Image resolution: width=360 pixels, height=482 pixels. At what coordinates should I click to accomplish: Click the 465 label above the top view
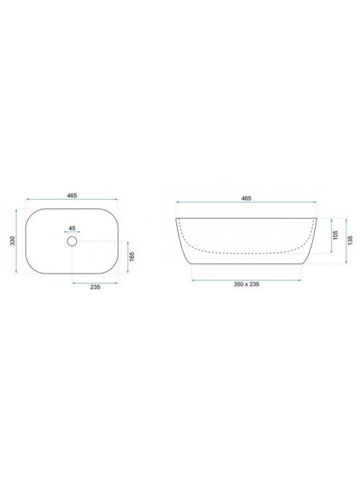[72, 195]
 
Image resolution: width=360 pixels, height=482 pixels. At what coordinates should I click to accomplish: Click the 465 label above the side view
[246, 198]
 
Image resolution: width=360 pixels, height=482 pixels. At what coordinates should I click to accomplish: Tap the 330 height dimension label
[12, 241]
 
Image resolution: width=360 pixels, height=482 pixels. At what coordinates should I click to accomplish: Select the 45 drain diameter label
[72, 228]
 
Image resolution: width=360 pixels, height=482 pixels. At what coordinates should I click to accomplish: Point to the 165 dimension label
[132, 257]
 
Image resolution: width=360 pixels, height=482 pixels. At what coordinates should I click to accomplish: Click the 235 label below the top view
[95, 287]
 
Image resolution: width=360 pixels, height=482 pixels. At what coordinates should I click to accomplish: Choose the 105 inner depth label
[335, 235]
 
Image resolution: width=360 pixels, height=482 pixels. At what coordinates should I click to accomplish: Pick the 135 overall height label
[350, 240]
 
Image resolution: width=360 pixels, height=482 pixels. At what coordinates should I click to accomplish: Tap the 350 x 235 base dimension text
[246, 285]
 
